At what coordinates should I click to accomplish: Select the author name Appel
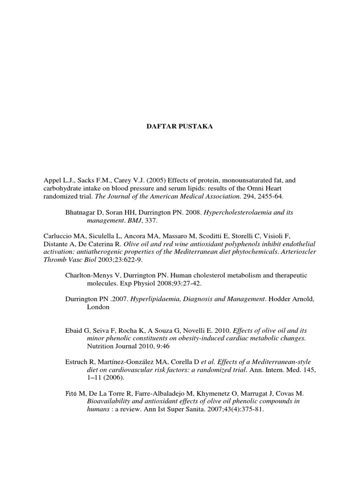pos(54,180)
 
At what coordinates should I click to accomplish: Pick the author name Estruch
pos(76,362)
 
